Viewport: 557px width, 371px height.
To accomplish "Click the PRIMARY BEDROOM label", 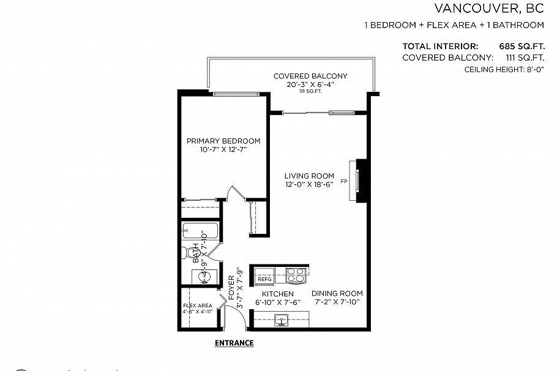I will [223, 141].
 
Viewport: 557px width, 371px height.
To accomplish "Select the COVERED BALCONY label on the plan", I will [310, 76].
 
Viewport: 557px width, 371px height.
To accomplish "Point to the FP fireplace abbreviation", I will [343, 182].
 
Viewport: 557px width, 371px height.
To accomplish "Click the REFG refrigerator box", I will [264, 279].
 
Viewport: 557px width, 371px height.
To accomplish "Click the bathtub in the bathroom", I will [200, 233].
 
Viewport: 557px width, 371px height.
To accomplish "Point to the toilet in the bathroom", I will [186, 254].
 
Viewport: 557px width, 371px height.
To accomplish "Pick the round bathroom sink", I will [205, 276].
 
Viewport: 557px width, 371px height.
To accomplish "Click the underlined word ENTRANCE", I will [234, 343].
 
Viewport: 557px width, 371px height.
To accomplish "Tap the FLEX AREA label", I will [197, 305].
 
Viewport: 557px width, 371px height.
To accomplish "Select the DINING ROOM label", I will [337, 293].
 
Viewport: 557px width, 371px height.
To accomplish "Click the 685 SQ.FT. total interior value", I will [521, 46].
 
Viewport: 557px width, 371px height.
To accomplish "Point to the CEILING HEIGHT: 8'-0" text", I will [504, 70].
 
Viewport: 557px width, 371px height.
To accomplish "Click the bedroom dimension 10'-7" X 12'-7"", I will [223, 150].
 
